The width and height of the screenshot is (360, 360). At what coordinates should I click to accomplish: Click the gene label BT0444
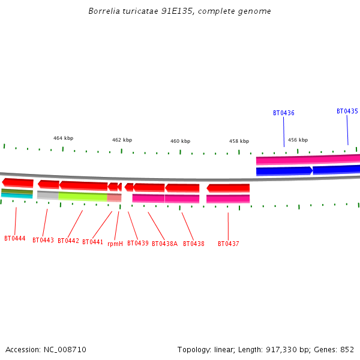pos(14,239)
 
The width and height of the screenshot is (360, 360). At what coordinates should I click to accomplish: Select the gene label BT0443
pos(43,241)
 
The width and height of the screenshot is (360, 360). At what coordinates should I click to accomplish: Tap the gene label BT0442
pos(68,241)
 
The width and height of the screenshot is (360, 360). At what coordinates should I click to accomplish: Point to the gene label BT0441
pos(93,242)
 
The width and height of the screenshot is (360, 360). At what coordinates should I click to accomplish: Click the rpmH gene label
pos(115,244)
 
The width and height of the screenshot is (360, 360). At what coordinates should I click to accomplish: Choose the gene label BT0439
pos(138,244)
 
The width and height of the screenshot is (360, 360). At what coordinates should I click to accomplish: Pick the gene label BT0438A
pos(164,244)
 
